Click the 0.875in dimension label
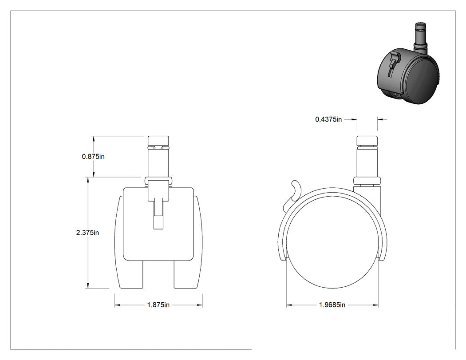point(93,156)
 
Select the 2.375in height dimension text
point(88,233)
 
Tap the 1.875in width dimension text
point(158,305)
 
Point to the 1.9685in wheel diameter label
point(332,305)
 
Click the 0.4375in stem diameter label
point(328,119)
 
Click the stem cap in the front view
point(158,141)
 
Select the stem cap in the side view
point(367,141)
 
